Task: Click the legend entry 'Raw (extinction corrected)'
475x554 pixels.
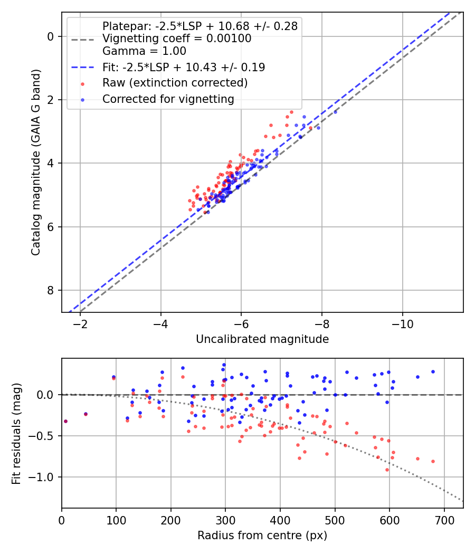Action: [175, 83]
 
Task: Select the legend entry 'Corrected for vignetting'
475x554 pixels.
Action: [168, 99]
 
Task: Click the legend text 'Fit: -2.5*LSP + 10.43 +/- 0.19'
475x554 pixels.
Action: [184, 67]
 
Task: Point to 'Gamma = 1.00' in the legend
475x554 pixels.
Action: [144, 51]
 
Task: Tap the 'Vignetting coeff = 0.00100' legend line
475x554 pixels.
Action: [177, 39]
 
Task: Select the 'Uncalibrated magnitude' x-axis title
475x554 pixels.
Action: [262, 339]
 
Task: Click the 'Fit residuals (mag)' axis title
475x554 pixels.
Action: [16, 433]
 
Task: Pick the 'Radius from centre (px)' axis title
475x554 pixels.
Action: [262, 536]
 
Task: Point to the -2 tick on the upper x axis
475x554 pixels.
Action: [80, 323]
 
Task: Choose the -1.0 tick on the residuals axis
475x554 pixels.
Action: [45, 477]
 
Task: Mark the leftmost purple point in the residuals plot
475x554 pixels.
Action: [65, 421]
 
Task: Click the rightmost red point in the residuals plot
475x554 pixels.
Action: [433, 461]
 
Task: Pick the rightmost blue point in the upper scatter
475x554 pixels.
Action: [335, 112]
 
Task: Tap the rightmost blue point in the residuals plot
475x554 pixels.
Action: [433, 371]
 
